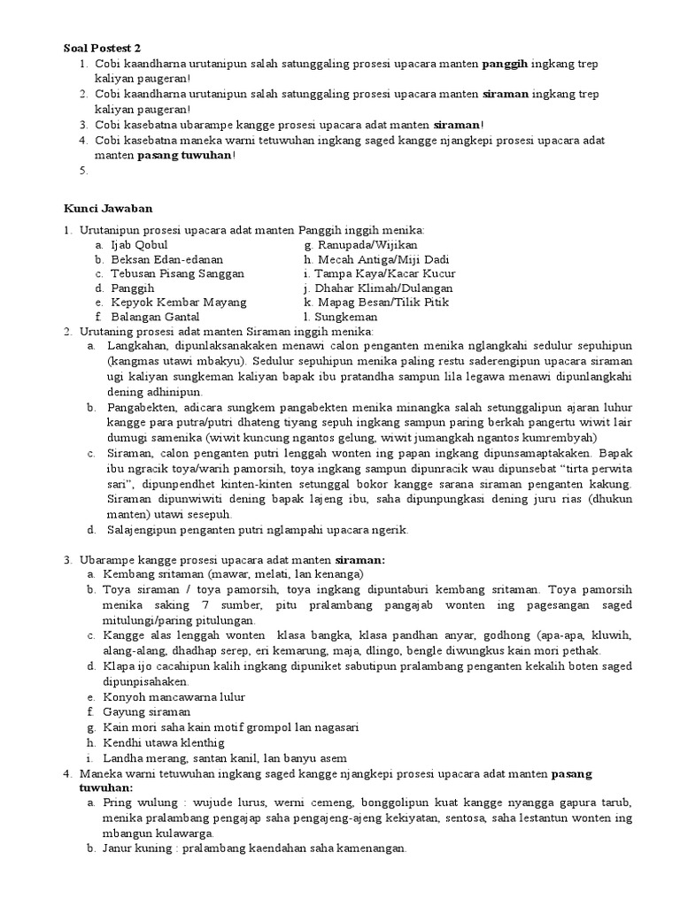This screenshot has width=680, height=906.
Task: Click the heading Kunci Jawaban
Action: (x=108, y=209)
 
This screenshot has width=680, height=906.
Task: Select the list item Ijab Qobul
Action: (x=139, y=245)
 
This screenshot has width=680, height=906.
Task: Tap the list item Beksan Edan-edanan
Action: (x=166, y=259)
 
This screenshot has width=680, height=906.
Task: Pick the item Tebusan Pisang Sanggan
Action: (x=177, y=273)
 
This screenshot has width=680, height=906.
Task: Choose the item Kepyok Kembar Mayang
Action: (x=178, y=302)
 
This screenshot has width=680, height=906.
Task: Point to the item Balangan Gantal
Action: (x=155, y=316)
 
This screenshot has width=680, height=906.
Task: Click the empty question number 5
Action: (x=82, y=171)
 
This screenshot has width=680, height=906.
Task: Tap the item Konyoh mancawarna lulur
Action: (x=173, y=696)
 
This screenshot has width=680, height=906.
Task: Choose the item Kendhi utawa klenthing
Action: (x=164, y=742)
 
